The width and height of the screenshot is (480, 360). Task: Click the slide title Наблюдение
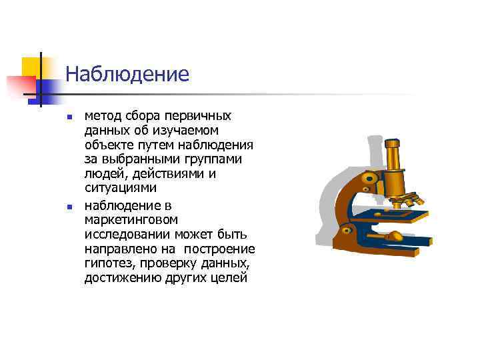(x=127, y=73)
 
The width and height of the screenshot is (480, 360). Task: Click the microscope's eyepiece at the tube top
(x=391, y=143)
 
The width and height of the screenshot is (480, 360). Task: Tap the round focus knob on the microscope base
(x=395, y=235)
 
